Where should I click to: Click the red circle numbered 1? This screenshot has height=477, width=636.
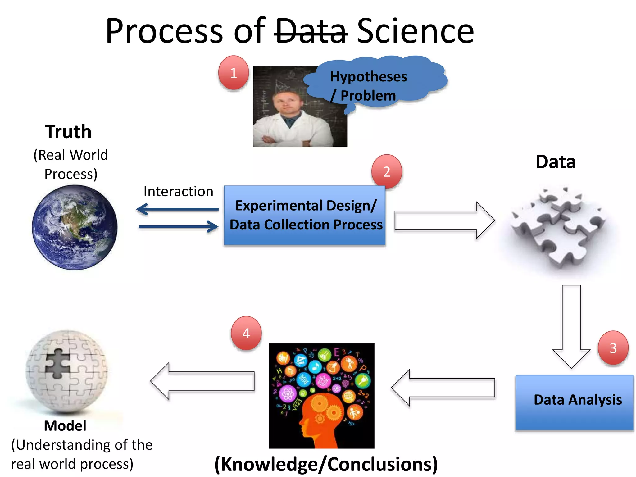(234, 73)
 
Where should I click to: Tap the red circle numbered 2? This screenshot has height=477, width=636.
(387, 171)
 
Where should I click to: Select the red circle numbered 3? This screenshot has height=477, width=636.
(613, 348)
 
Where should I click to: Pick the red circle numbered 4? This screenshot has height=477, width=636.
(246, 334)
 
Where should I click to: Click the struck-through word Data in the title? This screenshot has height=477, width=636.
(311, 31)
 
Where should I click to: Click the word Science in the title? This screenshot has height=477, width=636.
(415, 31)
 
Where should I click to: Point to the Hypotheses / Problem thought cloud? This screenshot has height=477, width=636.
(373, 82)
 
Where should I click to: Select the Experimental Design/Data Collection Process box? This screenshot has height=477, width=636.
(305, 215)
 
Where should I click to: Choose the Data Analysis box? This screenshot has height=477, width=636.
(574, 402)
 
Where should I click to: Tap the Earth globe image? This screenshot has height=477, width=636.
(75, 227)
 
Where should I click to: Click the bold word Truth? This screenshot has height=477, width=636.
(68, 132)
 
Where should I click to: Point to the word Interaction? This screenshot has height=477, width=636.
(178, 191)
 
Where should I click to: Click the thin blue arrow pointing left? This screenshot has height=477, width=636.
(177, 209)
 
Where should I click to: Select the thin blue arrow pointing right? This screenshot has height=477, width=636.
(178, 227)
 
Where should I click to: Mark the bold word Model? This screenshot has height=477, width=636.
(65, 426)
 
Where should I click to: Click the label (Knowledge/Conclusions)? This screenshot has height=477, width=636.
(326, 464)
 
